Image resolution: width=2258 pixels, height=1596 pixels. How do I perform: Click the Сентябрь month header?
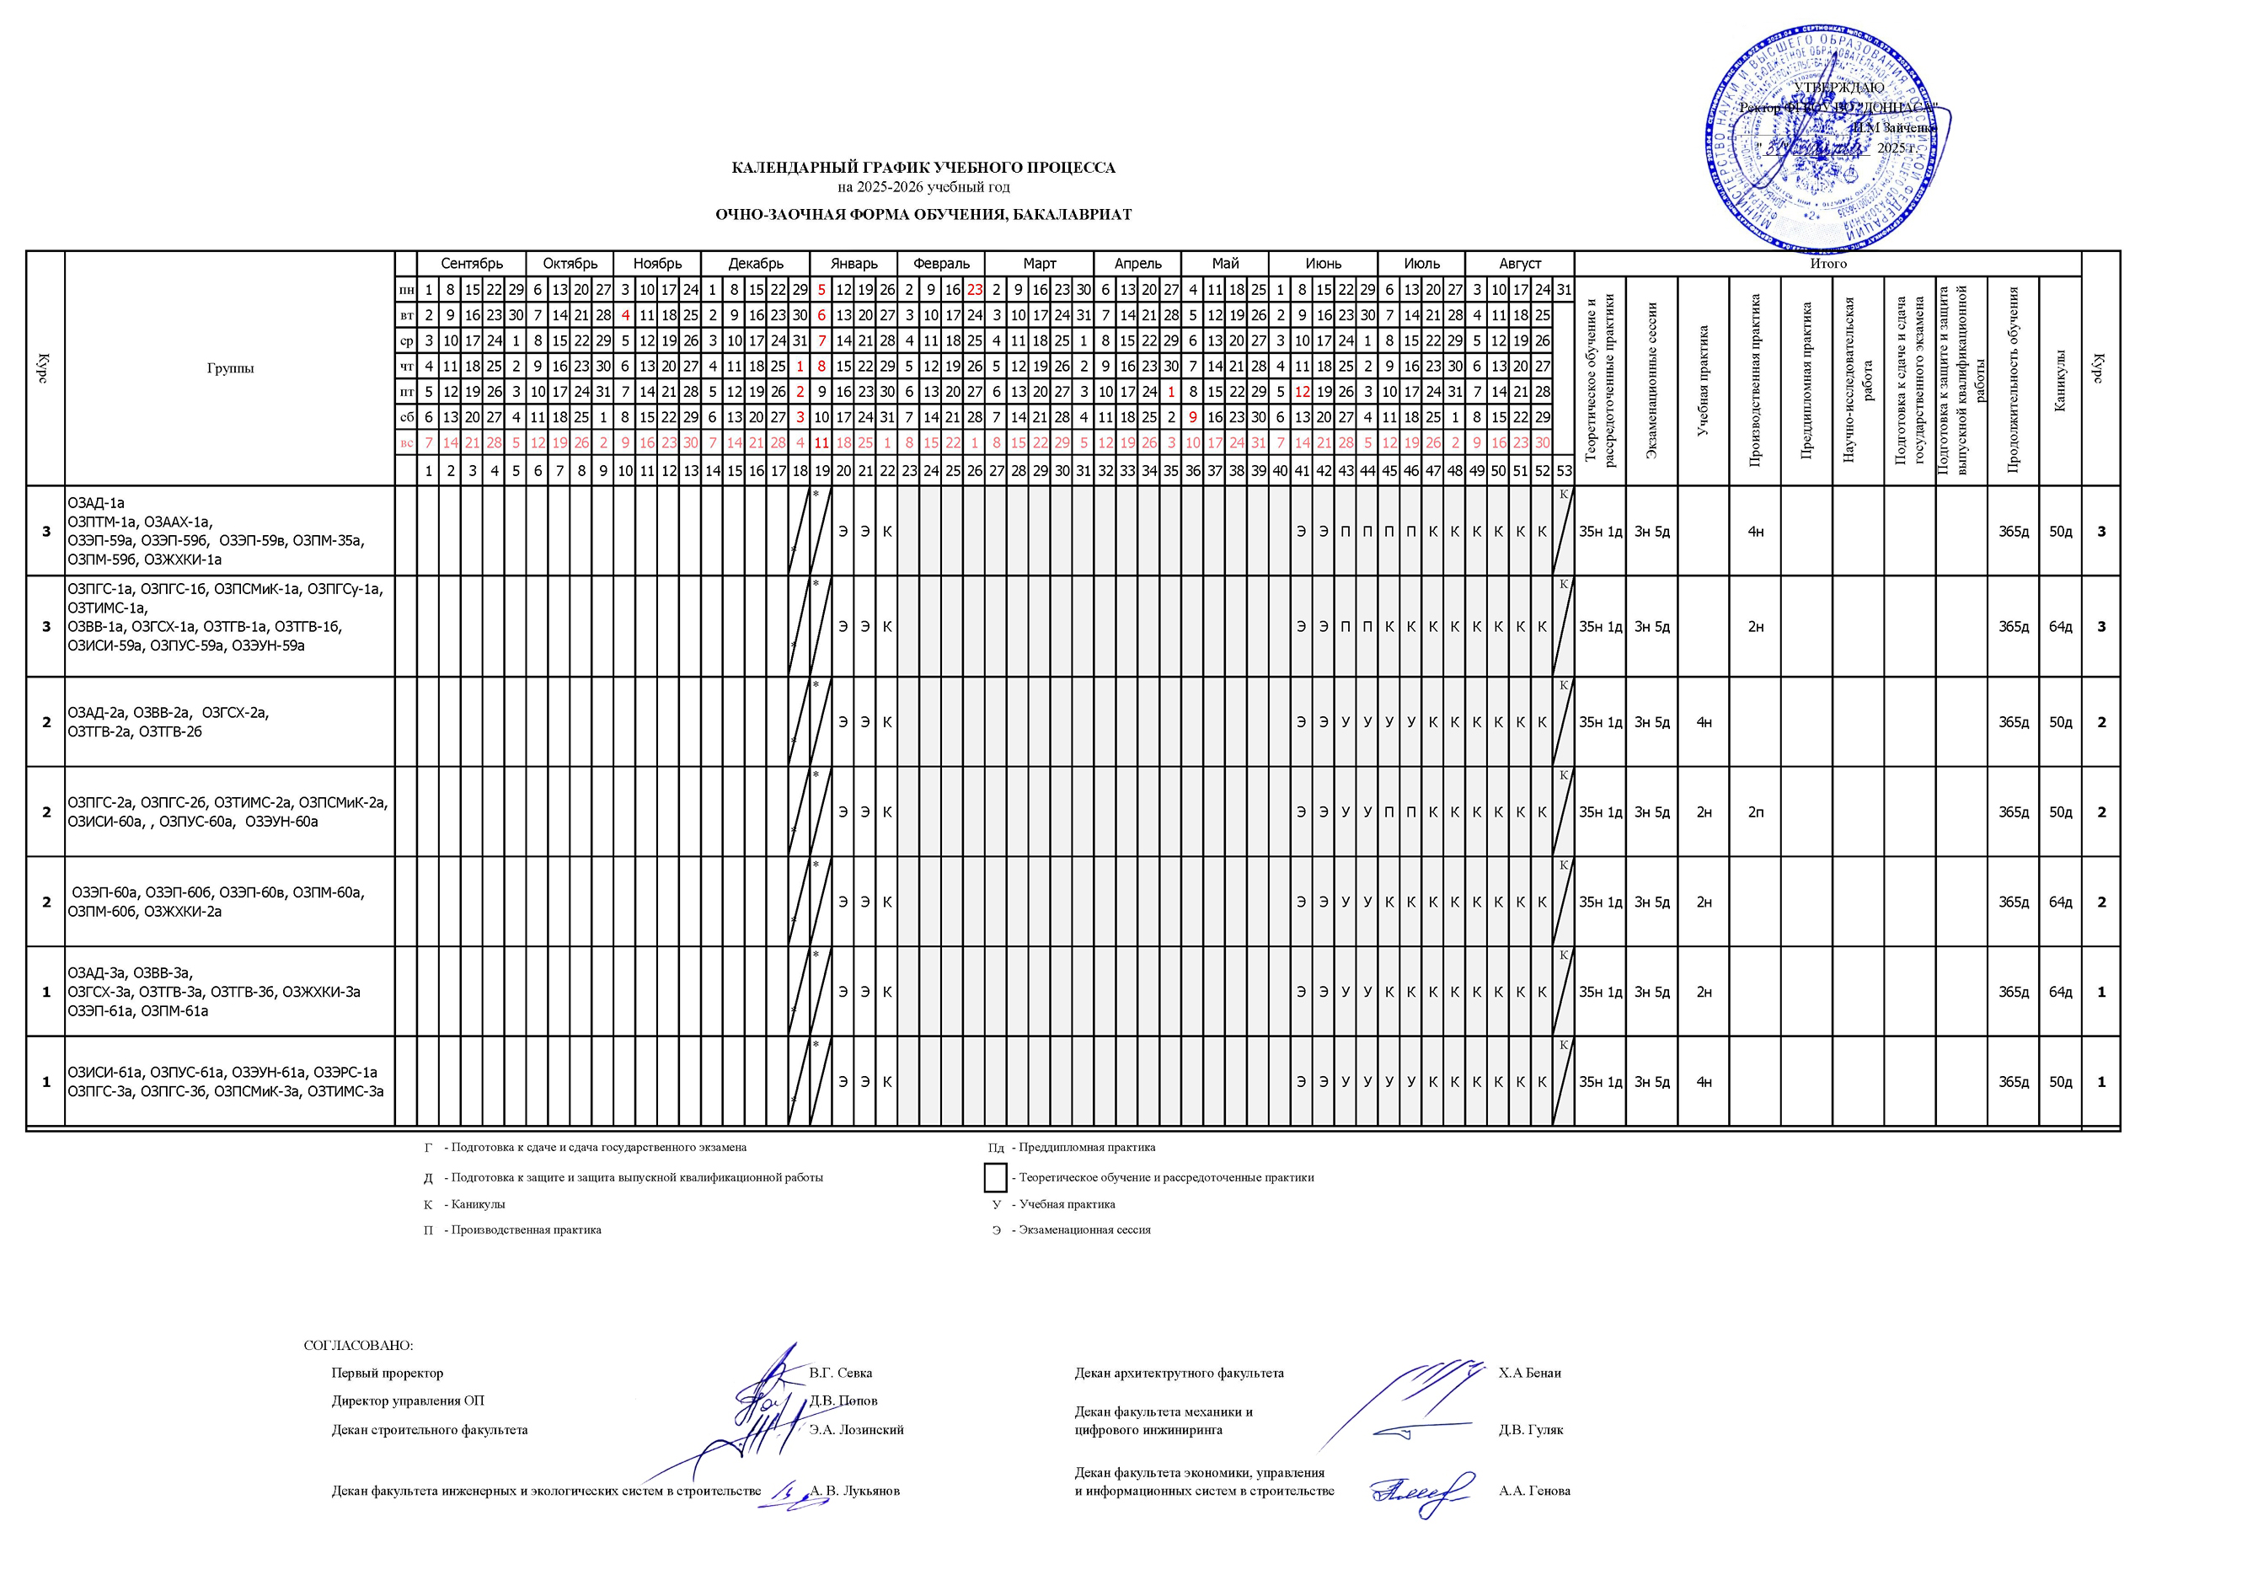point(471,264)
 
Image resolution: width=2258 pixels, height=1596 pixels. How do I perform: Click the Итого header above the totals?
point(1828,264)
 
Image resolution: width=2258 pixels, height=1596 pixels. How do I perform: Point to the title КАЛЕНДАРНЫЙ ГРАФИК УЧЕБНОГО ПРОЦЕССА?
point(923,169)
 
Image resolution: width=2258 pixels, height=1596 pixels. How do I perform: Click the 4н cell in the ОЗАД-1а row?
point(1756,532)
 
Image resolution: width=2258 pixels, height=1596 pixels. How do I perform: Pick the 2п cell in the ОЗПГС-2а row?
point(1756,812)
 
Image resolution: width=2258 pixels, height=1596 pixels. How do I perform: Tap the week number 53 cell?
point(1564,472)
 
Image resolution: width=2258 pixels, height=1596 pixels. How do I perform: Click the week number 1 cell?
point(428,472)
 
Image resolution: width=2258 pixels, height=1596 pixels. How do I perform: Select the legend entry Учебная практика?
point(1067,1203)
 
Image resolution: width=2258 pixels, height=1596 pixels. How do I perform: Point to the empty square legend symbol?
point(995,1177)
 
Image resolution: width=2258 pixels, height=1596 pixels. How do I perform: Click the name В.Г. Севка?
point(841,1373)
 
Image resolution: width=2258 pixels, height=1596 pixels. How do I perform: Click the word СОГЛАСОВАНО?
point(359,1345)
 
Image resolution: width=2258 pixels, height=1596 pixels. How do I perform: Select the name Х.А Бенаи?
point(1529,1373)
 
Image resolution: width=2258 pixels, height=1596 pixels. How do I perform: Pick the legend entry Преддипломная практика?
point(1087,1148)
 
